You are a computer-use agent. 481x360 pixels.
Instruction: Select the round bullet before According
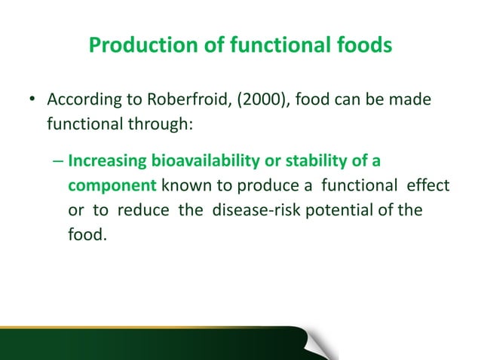[x=32, y=100]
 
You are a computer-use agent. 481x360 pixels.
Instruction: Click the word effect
[x=429, y=185]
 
